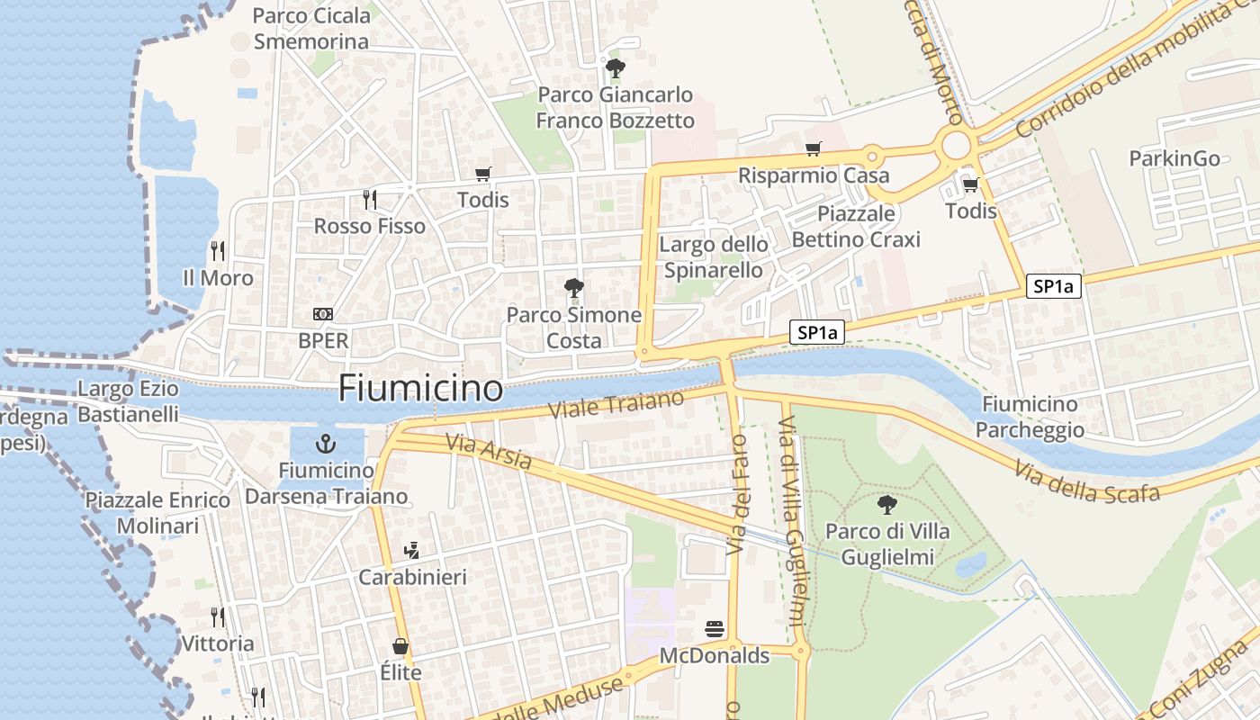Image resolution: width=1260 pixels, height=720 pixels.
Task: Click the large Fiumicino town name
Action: (420, 388)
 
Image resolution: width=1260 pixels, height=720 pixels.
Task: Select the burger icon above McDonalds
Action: (715, 628)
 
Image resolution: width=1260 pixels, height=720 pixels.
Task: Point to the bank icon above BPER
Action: (323, 314)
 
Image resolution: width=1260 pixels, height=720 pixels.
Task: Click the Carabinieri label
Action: (413, 577)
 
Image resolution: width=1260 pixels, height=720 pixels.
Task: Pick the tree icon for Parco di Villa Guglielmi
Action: (886, 505)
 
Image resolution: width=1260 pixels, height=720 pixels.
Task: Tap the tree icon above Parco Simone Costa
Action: (573, 289)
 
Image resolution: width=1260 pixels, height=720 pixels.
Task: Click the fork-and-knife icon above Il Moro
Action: (217, 250)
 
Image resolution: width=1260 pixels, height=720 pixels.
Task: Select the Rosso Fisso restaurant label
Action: (369, 226)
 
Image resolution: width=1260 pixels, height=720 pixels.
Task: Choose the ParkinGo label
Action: (1174, 158)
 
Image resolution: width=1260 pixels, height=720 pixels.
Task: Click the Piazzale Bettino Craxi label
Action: (856, 226)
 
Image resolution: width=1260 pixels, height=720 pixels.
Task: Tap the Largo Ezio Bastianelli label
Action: (128, 401)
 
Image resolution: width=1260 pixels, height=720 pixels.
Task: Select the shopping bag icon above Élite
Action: (400, 646)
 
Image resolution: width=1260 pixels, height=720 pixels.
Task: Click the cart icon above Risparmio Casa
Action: (813, 149)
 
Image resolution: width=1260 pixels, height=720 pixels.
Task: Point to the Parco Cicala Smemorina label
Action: (311, 29)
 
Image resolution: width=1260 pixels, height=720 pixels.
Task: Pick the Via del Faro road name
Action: (737, 494)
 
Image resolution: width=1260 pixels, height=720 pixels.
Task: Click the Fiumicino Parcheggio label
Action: (1030, 417)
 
